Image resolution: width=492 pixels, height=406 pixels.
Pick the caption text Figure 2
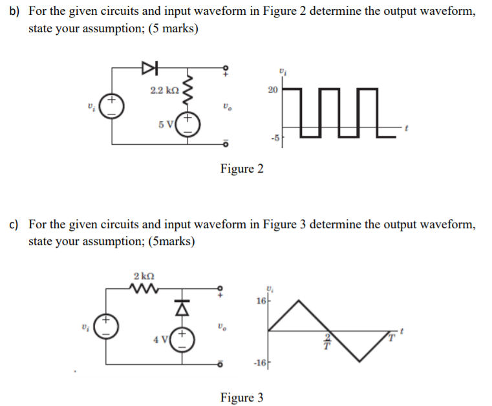(x=242, y=169)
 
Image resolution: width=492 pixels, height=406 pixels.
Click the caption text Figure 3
(x=242, y=398)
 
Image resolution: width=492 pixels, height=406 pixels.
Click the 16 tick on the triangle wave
(x=261, y=301)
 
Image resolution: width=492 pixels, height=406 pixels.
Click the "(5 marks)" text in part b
(x=174, y=29)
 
